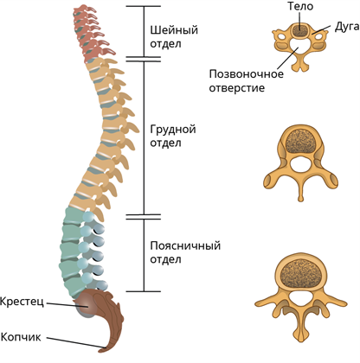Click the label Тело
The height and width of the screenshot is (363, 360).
[300, 6]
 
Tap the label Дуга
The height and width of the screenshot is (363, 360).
[347, 27]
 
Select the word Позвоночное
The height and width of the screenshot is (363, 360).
[247, 74]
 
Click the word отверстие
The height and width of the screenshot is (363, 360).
[237, 87]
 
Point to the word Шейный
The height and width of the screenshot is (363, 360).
[174, 30]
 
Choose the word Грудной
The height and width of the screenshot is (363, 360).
[173, 130]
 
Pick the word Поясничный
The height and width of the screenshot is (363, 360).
[185, 245]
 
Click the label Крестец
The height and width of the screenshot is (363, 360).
[22, 302]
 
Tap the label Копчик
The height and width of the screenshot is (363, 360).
[21, 337]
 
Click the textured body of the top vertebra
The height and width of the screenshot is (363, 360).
[300, 30]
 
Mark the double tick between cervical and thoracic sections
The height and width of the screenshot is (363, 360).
[144, 60]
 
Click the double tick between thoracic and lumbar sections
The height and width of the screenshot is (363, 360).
[144, 217]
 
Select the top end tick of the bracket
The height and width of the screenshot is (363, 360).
[144, 6]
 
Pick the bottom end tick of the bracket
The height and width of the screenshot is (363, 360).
[144, 291]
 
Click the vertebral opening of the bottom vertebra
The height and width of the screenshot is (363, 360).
[300, 301]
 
